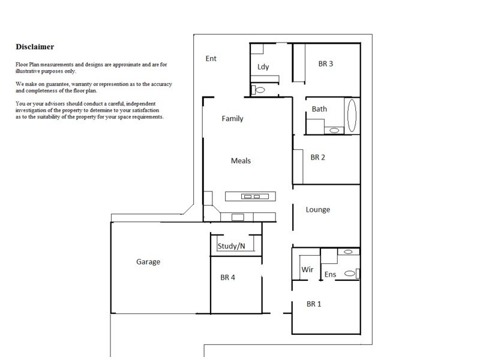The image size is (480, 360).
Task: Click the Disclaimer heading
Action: tap(35, 46)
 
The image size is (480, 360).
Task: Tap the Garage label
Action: tap(148, 262)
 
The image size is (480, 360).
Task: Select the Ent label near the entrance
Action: tap(211, 59)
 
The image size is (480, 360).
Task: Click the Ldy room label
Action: tap(263, 67)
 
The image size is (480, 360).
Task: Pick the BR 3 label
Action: tap(326, 64)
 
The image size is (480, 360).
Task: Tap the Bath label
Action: tap(319, 109)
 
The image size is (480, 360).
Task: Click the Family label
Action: tap(233, 118)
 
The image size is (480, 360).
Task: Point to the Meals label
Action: tap(241, 161)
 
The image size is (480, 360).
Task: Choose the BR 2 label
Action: tap(317, 157)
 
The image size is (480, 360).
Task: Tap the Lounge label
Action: tap(318, 209)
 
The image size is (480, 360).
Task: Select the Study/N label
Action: tap(232, 245)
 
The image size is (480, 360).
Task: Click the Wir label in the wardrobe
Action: tap(307, 270)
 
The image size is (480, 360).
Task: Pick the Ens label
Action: tap(330, 274)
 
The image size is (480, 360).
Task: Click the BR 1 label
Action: tap(314, 304)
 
